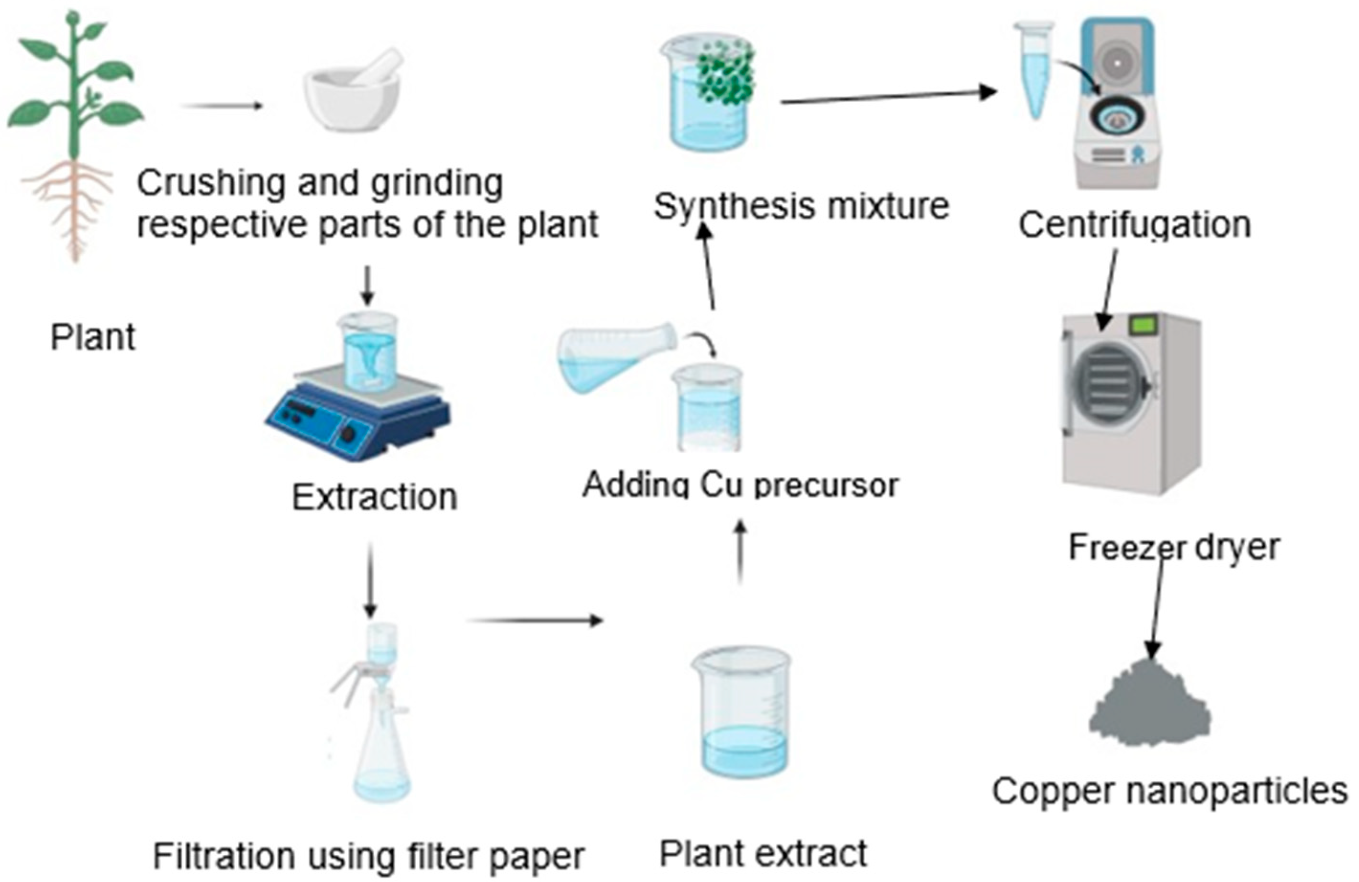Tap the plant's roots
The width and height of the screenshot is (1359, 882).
coord(71,206)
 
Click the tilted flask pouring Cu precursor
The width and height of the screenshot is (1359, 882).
coord(617,357)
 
